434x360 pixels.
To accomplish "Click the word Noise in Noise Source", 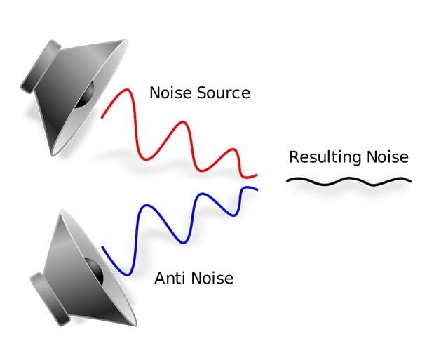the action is coord(171,93).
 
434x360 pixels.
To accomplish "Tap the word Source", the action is coord(224,93).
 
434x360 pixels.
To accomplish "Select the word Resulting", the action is coord(325,158).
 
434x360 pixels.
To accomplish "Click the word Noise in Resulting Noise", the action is coord(388,157).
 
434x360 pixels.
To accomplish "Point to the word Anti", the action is coord(170,278).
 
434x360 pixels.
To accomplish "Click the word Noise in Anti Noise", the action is coord(212,278).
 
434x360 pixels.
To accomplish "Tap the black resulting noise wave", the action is coord(348,181).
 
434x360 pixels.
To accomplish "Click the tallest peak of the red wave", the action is coord(127,90).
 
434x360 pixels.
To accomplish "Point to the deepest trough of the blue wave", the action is coord(128,275).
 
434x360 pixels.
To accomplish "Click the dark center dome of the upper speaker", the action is coord(86,95).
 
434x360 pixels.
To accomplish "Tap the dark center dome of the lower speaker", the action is coord(94,271).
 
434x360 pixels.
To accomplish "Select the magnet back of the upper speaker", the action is coord(41,67).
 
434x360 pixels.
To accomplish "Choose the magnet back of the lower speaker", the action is coord(50,299).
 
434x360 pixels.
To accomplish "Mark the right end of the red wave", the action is coord(257,175).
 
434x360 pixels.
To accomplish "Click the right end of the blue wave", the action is coord(257,189).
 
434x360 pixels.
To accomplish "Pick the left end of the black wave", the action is coord(287,181).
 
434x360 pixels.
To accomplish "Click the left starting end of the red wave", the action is coord(102,118).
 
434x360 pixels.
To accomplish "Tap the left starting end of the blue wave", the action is coord(102,247).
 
